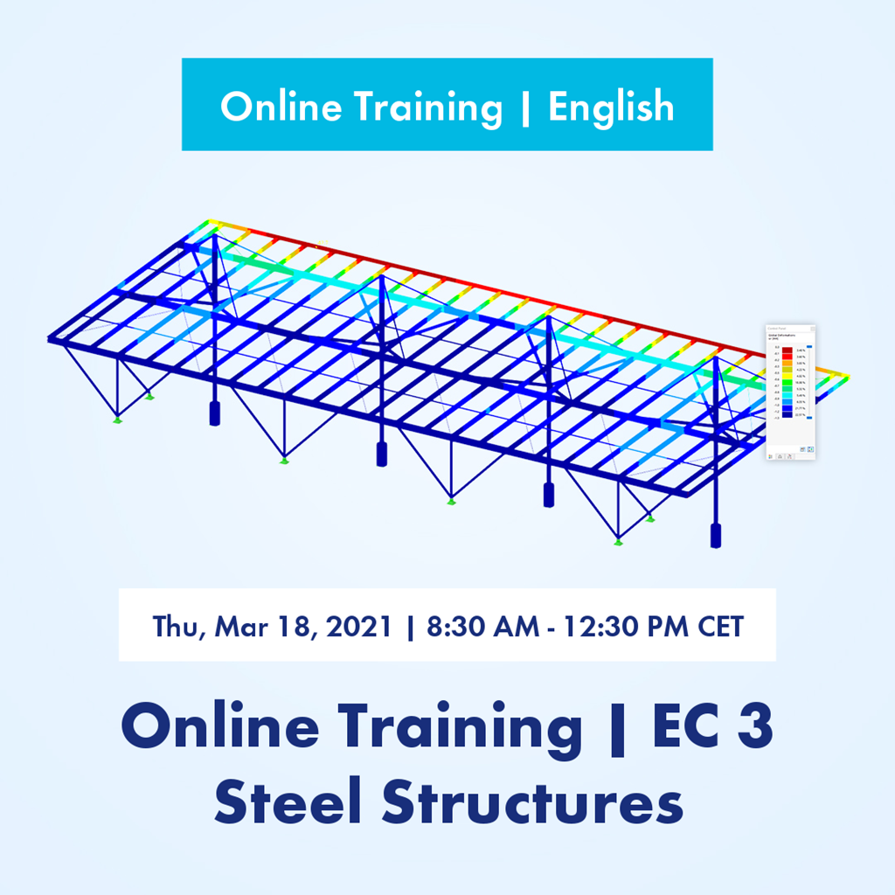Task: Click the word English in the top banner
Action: click(611, 107)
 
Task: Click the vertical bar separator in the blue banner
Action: click(525, 107)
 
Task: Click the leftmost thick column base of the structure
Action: click(214, 414)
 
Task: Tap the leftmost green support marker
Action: click(118, 420)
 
